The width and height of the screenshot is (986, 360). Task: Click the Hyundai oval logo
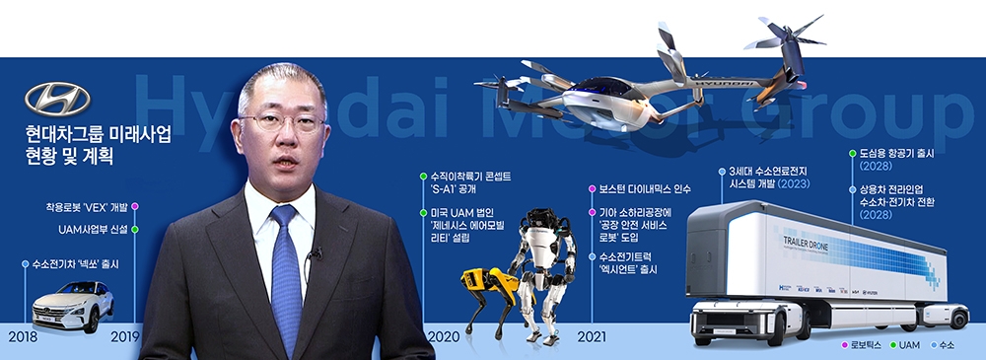pyautogui.click(x=57, y=99)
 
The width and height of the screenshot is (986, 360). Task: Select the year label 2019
pyautogui.click(x=124, y=336)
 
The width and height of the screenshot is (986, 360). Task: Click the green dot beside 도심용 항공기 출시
pyautogui.click(x=851, y=154)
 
